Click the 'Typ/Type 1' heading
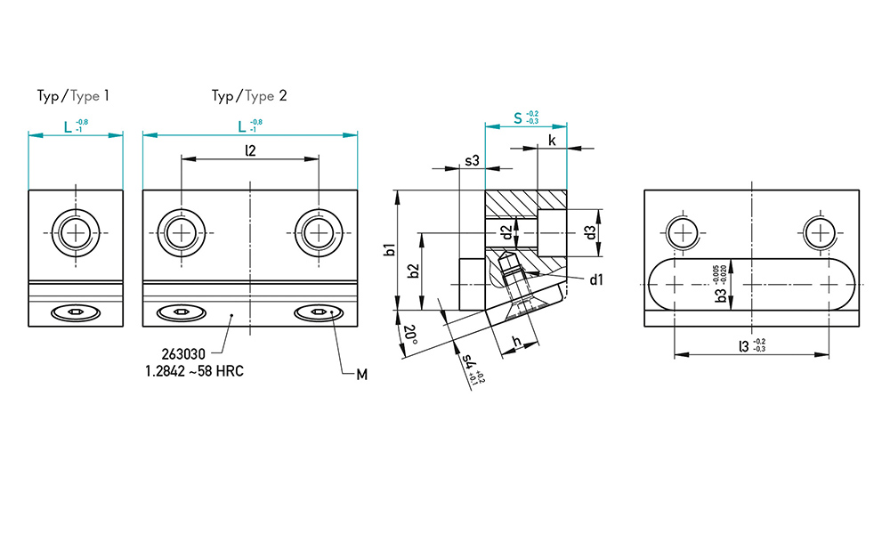click(x=73, y=96)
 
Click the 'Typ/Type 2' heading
click(x=249, y=96)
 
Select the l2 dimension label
click(x=250, y=150)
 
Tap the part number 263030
click(x=183, y=355)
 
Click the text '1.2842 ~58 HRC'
click(x=195, y=372)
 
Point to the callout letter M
click(x=361, y=375)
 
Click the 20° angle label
click(x=409, y=336)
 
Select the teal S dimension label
click(x=518, y=118)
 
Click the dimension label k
click(x=553, y=141)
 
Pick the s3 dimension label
click(x=473, y=160)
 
